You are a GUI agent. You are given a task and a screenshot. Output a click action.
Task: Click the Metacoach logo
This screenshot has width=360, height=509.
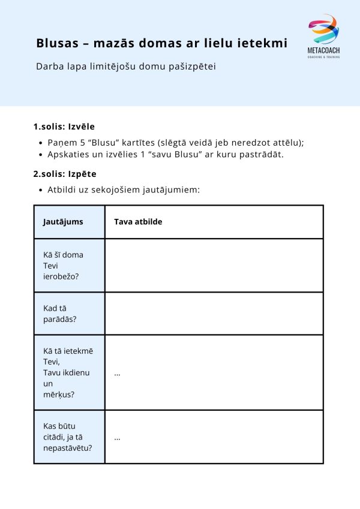pos(323,36)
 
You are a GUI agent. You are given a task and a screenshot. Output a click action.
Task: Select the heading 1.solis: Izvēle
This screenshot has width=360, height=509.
pos(64,127)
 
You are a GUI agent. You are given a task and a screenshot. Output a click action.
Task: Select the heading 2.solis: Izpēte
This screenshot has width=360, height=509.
pos(64,174)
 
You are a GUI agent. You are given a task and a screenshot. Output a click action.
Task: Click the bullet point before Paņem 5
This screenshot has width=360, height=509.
pos(40,143)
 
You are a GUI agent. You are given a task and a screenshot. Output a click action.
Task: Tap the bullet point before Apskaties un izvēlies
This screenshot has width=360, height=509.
pos(40,155)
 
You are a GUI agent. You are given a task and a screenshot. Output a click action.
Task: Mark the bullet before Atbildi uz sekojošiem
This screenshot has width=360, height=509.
pos(40,190)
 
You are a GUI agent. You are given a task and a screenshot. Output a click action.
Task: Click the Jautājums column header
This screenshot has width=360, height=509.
pos(63,222)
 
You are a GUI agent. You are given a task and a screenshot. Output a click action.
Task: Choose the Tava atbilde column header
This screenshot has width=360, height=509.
pos(138,222)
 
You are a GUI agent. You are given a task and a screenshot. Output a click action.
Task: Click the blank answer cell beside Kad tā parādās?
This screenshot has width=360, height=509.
pos(214,314)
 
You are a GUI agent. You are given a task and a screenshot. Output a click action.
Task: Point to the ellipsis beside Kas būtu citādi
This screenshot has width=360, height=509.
pos(117,438)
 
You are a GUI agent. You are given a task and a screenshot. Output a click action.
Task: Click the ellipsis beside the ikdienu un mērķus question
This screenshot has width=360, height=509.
pos(117,373)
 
